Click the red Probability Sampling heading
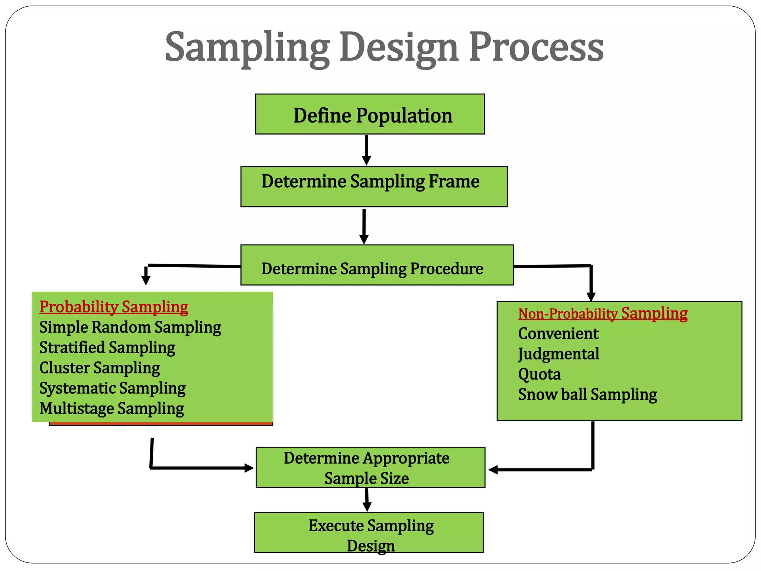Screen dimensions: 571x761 pos(114,307)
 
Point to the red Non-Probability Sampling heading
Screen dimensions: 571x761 pos(602,313)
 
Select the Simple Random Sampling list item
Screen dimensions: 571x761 pos(130,328)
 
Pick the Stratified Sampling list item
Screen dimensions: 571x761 pos(107,348)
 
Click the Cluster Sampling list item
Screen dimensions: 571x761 pos(100,368)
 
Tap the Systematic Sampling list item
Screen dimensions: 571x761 pos(112,388)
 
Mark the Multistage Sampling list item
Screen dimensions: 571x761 pos(111,409)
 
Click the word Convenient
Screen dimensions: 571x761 pos(558,333)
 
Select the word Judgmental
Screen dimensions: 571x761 pos(558,354)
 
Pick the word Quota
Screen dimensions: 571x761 pos(539,374)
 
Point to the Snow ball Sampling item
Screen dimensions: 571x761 pos(587,394)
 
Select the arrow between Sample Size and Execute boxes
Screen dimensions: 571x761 pos(367,500)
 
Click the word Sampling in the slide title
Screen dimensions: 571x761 pos(247,48)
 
